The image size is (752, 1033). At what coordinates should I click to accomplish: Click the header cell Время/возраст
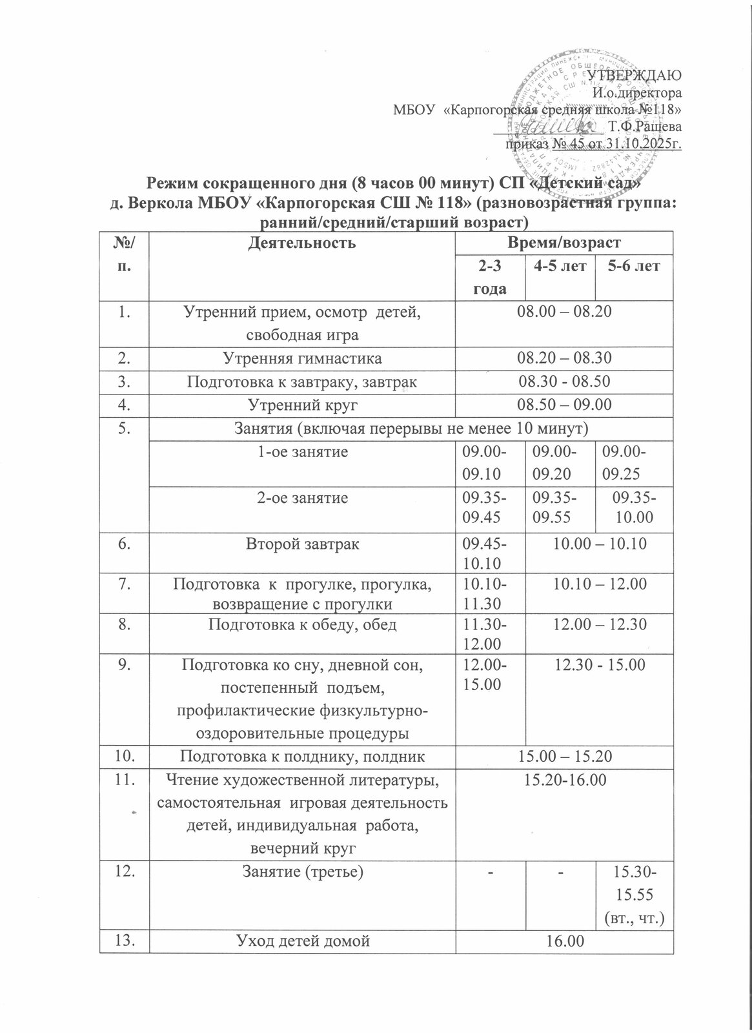pos(564,243)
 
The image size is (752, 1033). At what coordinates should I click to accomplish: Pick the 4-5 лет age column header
pos(557,266)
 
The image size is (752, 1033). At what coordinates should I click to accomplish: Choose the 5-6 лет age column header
pos(633,266)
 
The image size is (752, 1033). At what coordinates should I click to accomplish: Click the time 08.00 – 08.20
pos(564,312)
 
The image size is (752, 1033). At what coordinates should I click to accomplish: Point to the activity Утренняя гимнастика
pos(301,358)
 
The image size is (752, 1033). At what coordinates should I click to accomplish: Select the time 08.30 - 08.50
pos(564,382)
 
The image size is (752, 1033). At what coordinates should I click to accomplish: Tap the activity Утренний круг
pos(301,405)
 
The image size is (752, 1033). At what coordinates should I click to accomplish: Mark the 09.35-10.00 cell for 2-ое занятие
pos(633,507)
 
